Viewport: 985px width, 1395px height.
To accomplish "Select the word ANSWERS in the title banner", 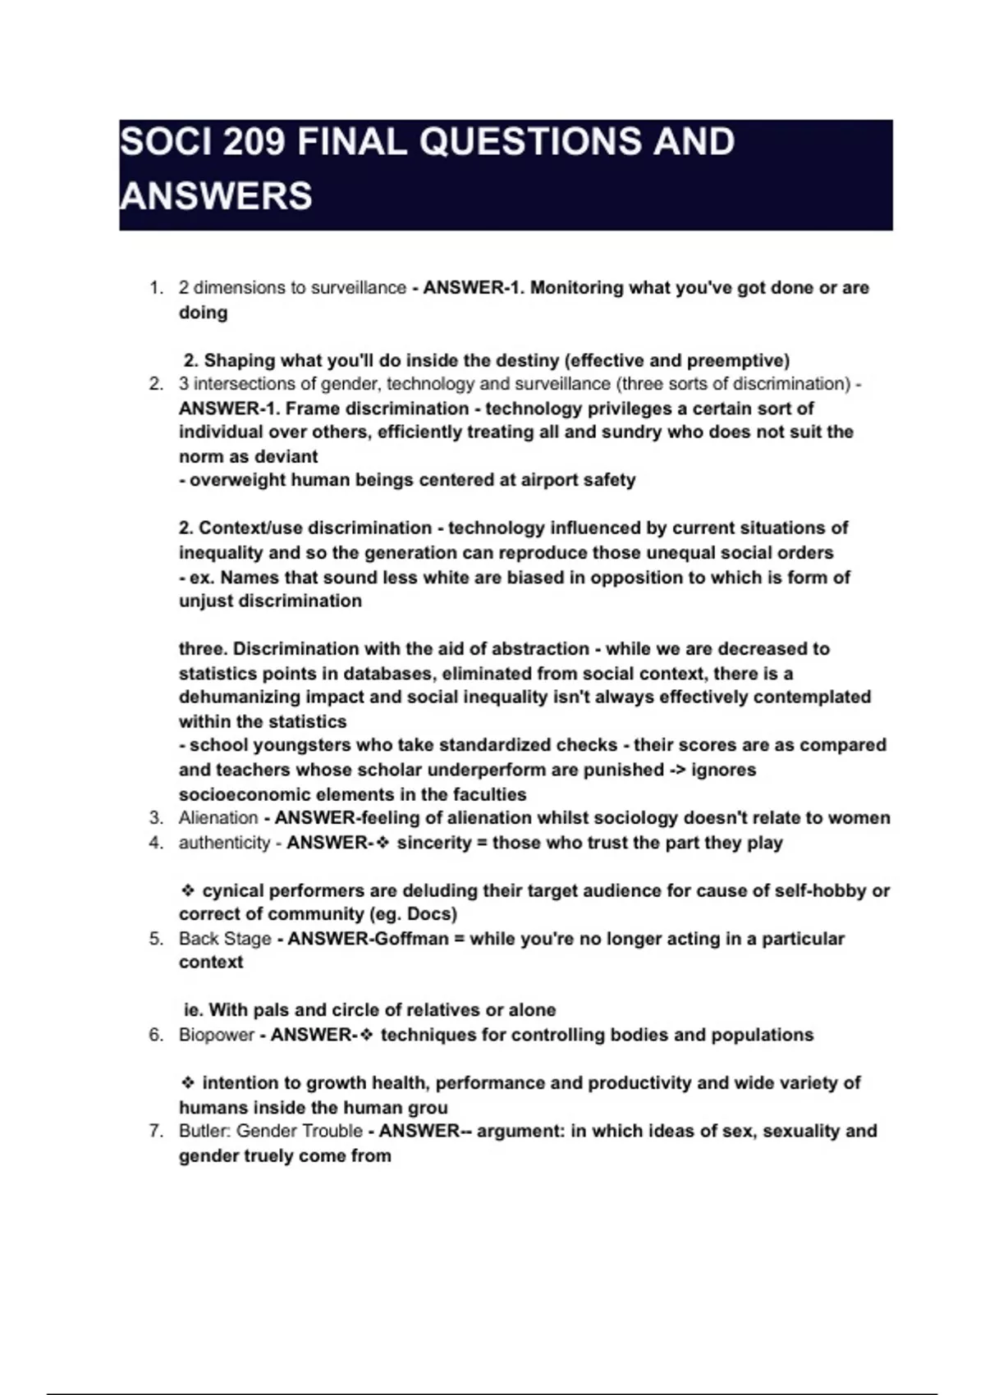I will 217,196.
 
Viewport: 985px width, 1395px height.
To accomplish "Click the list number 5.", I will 157,939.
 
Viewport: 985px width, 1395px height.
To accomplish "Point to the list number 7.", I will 157,1131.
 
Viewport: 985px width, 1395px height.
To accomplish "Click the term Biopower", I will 217,1035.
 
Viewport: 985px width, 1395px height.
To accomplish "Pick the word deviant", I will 286,456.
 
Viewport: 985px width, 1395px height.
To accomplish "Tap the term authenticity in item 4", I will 224,843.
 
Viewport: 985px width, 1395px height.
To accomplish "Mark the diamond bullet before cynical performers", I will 188,890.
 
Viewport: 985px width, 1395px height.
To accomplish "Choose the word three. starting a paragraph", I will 203,649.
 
